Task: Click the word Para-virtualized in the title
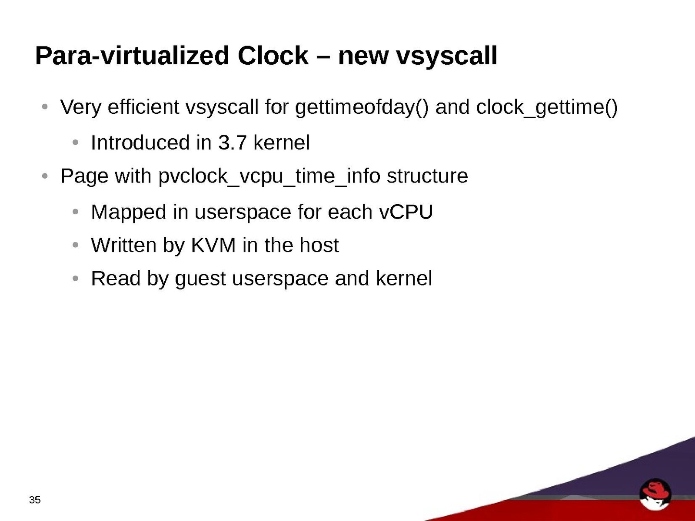132,56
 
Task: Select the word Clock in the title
273,56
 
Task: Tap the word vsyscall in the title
447,56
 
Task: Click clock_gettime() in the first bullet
547,107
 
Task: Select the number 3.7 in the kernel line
232,143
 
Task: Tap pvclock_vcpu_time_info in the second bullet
269,176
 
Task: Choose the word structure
427,176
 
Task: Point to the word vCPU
406,212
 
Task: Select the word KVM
213,245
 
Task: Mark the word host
319,245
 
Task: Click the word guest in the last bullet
200,279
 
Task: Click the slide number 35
35,500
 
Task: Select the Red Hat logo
655,494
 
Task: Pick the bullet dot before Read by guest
75,279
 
